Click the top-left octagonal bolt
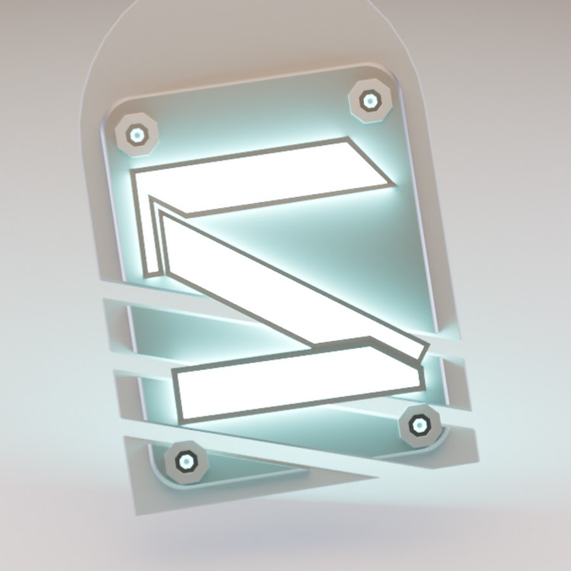(x=136, y=135)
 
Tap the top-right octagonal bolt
(x=370, y=100)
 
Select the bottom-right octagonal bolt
(x=419, y=425)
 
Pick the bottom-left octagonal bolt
(x=186, y=462)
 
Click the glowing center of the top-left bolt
(x=137, y=135)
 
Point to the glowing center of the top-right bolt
(x=370, y=101)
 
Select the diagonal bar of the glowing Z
(x=291, y=282)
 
